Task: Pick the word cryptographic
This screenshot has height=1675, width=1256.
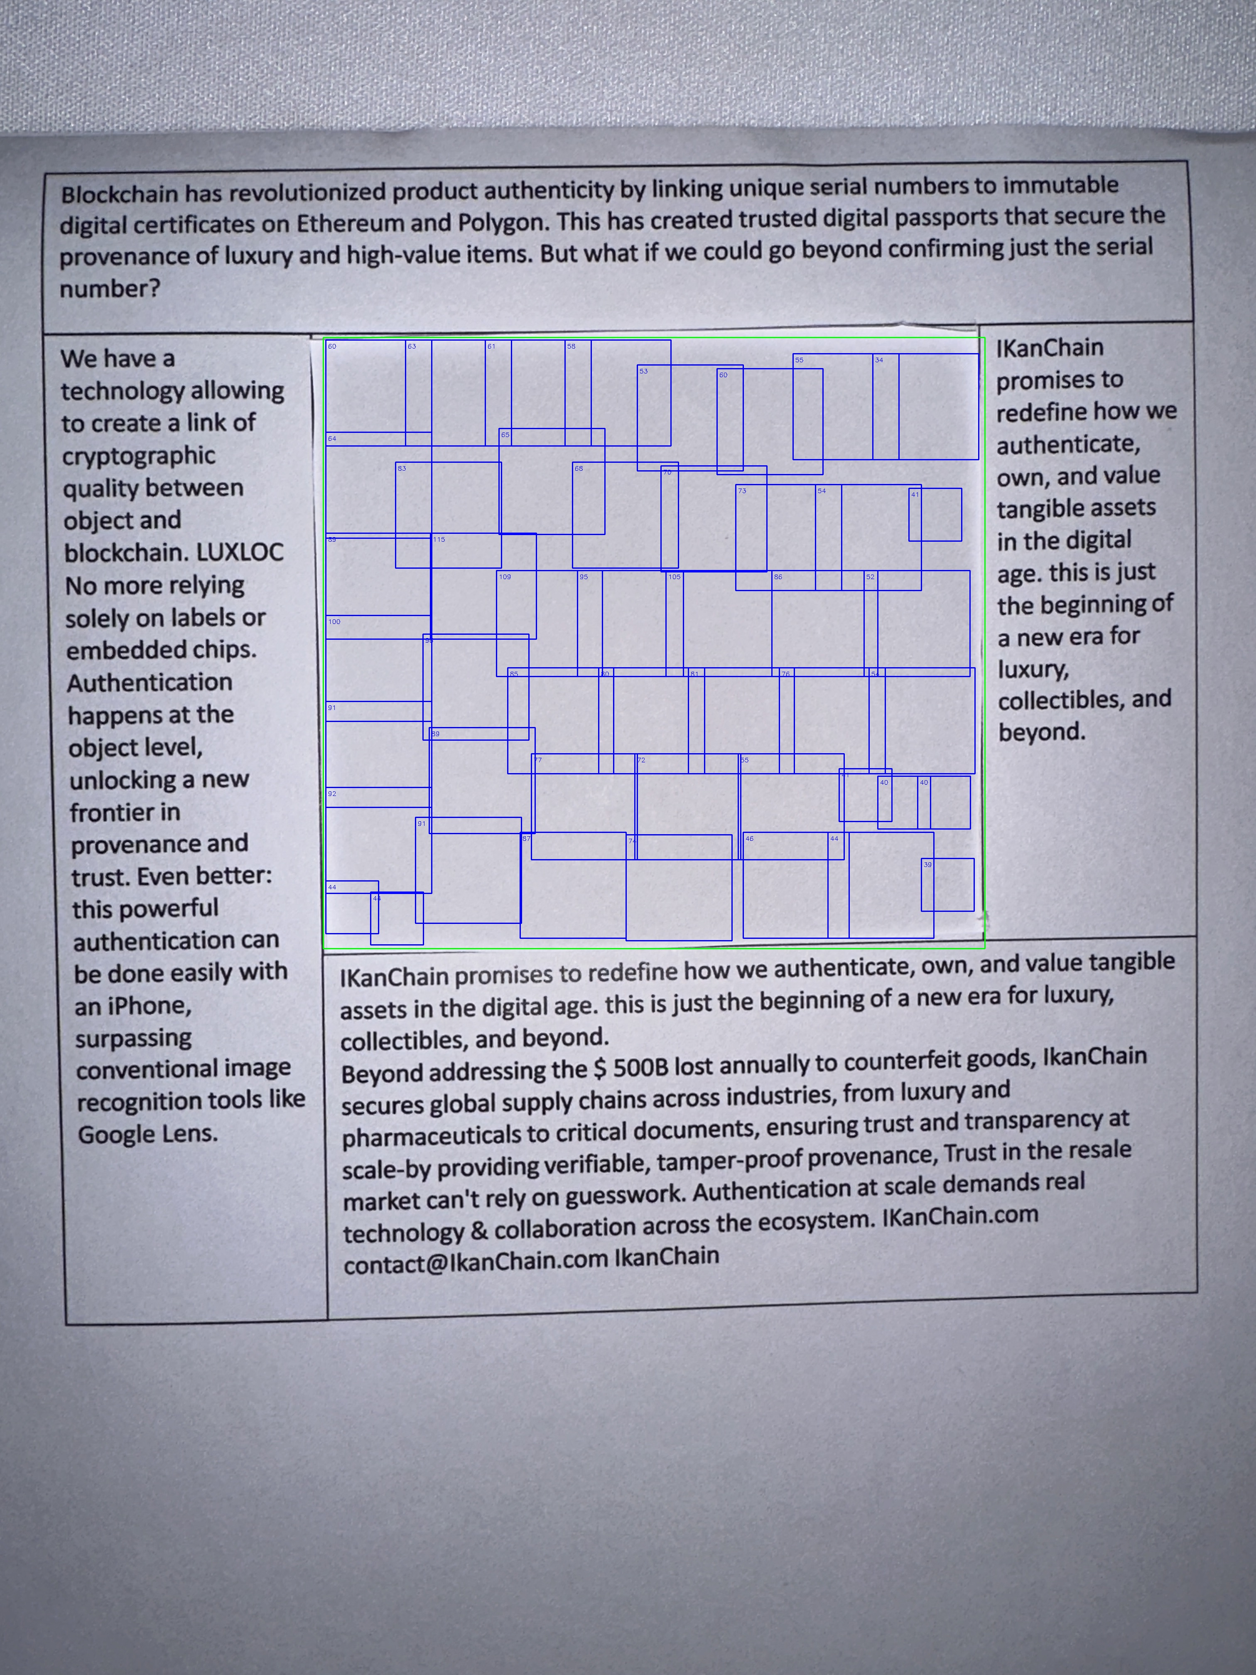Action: click(139, 456)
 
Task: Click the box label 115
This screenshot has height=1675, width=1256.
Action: click(439, 540)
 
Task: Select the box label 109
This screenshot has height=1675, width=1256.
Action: click(505, 577)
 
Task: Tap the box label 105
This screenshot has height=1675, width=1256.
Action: click(674, 577)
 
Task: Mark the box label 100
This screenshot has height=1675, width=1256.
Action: click(334, 622)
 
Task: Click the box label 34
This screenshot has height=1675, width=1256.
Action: click(879, 360)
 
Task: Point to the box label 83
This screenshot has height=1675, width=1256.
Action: click(402, 469)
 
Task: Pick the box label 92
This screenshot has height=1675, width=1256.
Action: click(331, 793)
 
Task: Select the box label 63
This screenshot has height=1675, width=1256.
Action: click(412, 346)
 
